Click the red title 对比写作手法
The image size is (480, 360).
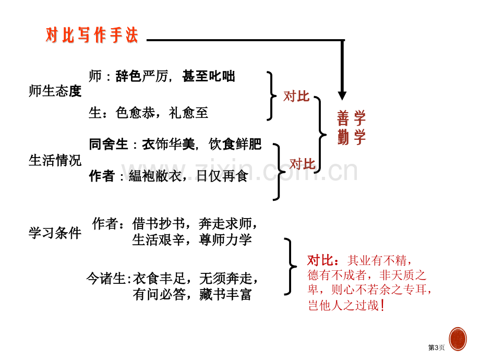[92, 35]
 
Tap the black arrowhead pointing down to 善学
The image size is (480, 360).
[342, 95]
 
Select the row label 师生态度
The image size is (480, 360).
[55, 91]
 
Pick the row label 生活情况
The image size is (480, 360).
[55, 160]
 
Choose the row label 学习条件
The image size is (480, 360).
[55, 233]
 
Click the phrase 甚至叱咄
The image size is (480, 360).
[209, 76]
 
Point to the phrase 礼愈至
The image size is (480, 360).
[188, 113]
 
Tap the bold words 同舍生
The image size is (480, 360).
[109, 144]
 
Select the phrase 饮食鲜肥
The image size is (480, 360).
[235, 144]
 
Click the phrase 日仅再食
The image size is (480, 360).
[222, 176]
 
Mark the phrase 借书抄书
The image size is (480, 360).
[159, 223]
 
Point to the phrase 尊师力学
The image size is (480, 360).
[225, 239]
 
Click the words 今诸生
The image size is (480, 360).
[106, 279]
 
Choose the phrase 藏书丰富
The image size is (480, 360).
[225, 294]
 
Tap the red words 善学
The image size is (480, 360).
[352, 118]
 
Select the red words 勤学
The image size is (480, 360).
[352, 137]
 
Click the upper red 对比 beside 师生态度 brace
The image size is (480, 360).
[296, 97]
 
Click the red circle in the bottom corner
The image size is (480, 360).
[458, 339]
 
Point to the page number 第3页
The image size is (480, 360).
[436, 347]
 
